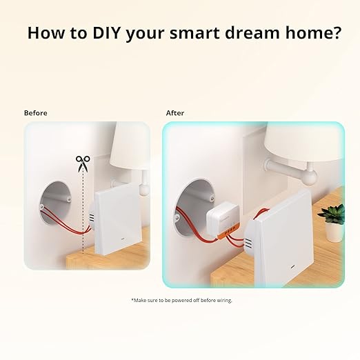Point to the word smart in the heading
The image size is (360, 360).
(188, 33)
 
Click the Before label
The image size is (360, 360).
(36, 112)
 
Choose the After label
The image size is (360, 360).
(174, 112)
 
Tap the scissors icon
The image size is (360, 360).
(83, 163)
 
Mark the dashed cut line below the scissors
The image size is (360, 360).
(83, 214)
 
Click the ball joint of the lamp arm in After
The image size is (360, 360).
(309, 177)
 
